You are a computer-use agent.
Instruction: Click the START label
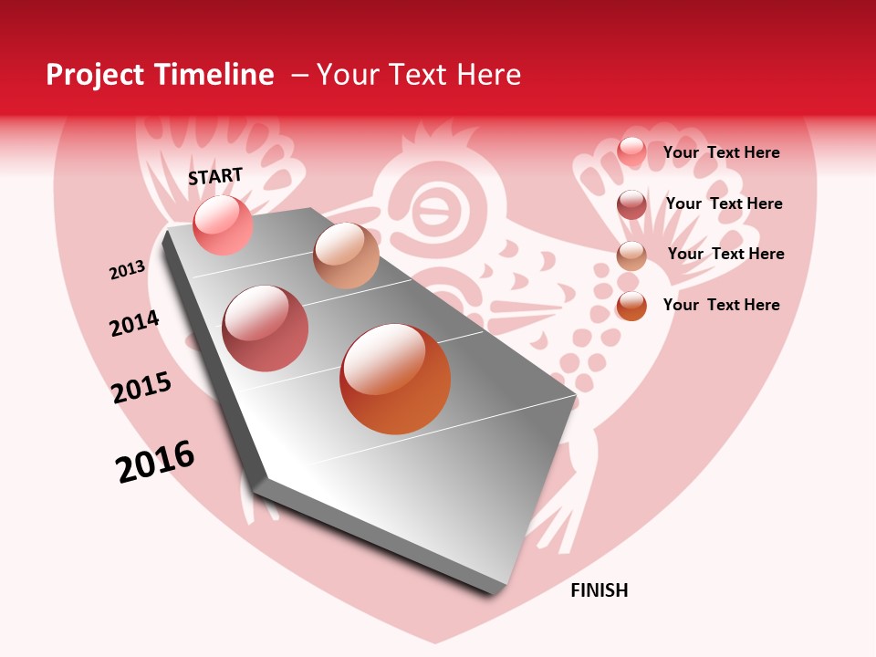pos(215,176)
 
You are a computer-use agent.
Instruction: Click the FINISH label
pos(599,590)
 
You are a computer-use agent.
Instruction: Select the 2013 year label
pos(128,270)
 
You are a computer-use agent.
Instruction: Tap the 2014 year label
pos(134,324)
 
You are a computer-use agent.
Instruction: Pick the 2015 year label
pos(141,388)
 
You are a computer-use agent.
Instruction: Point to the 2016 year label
pos(155,462)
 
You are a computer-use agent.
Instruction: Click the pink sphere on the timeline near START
pos(223,225)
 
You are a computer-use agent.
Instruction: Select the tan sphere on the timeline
pos(346,255)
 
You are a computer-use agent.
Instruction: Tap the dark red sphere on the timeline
pos(266,328)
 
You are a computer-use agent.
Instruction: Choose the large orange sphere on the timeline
pos(395,379)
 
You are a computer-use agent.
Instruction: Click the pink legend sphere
pos(631,151)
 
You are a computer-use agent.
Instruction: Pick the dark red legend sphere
pos(631,204)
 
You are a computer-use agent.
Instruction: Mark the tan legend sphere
pos(631,255)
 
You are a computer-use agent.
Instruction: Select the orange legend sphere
pos(631,306)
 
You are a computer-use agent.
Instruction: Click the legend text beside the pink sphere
pos(721,152)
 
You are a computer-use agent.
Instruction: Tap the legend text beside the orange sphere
pos(721,305)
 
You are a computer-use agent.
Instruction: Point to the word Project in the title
pos(96,75)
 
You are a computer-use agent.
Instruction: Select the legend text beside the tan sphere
pos(725,254)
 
